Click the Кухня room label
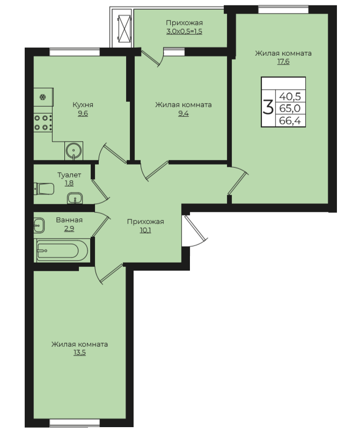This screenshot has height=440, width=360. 83,105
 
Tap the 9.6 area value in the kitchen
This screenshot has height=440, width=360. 83,114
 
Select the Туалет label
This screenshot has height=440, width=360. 69,175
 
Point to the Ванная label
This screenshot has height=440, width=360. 69,220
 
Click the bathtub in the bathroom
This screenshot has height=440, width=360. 62,251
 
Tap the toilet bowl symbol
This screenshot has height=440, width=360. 44,189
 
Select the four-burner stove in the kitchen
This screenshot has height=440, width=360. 43,123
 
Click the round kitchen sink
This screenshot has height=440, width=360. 74,151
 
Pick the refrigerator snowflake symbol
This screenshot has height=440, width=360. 43,98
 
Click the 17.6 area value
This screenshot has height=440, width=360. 283,62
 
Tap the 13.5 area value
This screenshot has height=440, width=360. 79,353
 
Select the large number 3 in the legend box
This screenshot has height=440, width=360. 268,108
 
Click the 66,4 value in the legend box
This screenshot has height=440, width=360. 290,121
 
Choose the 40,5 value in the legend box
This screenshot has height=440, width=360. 290,96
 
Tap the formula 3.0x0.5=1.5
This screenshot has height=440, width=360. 184,31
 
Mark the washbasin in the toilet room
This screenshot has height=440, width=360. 75,198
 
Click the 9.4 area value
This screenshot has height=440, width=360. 183,114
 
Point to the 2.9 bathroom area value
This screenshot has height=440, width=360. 69,228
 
